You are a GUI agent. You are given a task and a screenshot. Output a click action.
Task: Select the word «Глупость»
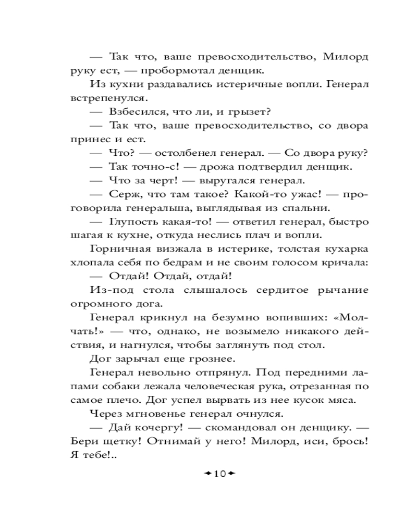[137, 222]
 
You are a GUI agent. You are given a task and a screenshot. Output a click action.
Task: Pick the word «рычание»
[343, 290]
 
